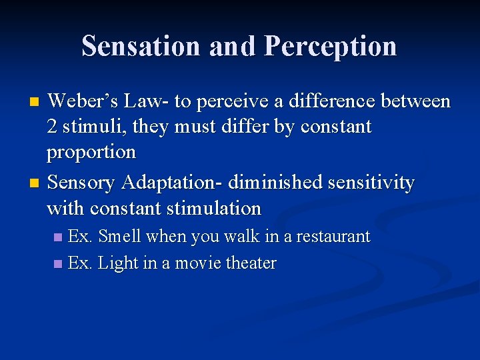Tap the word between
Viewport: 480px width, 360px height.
(x=418, y=101)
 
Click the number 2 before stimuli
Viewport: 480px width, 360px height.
(x=52, y=127)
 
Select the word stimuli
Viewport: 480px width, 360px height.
(x=91, y=127)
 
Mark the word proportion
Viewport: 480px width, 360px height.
(x=91, y=152)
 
